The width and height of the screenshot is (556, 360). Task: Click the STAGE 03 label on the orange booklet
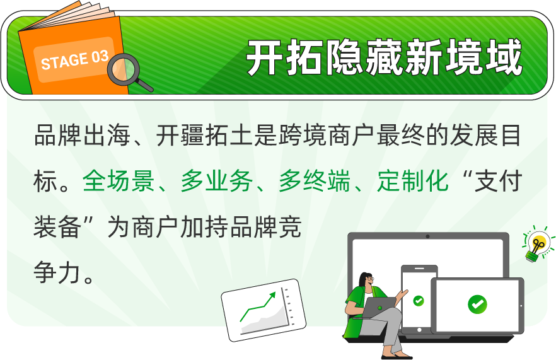74,60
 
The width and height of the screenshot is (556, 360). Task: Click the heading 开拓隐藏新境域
385,57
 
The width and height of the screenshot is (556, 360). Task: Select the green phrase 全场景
119,180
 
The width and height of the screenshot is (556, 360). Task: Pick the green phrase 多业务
217,180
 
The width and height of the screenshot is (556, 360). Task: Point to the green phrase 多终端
315,180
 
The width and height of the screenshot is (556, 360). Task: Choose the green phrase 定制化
413,180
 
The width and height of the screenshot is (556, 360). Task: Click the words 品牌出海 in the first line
82,135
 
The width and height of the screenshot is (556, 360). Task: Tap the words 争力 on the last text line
57,272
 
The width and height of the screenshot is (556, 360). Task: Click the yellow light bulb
536,243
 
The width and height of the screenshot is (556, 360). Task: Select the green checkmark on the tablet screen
477,304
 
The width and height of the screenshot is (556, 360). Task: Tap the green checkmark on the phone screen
419,301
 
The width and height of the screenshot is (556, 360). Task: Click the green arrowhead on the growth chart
272,296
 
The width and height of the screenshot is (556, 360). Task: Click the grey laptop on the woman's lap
378,307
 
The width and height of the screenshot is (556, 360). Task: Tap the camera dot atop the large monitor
428,236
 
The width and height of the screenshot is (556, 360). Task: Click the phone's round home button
419,330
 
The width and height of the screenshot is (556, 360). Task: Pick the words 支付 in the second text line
498,180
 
